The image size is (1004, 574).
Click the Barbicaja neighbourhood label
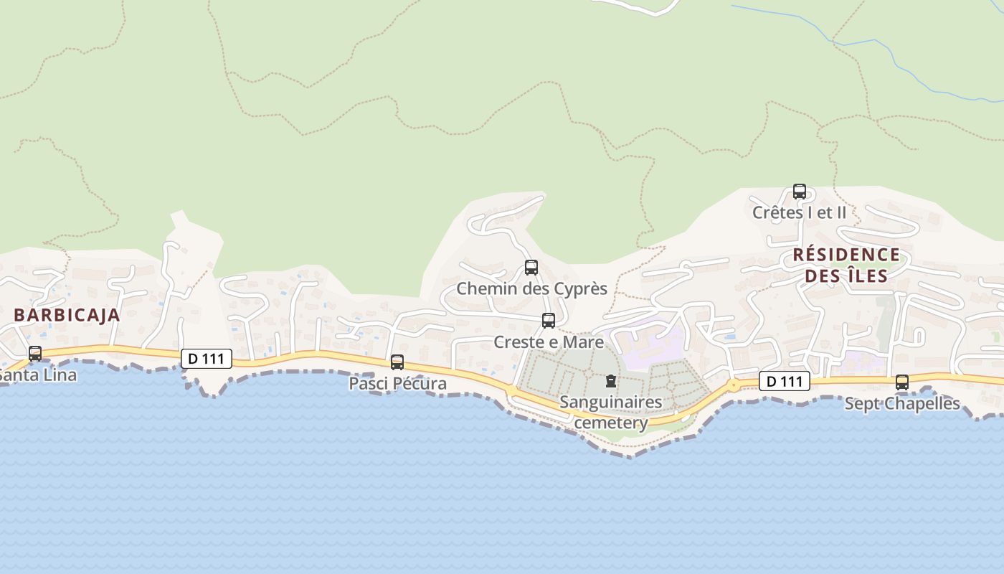(x=67, y=315)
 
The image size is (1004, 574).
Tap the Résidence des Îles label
(x=846, y=265)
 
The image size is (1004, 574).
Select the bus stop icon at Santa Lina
(x=34, y=353)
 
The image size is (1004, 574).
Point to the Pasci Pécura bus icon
(x=397, y=362)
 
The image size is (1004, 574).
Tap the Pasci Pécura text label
(x=397, y=384)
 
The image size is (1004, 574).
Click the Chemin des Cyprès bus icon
(x=531, y=268)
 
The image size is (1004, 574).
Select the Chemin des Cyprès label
(x=532, y=289)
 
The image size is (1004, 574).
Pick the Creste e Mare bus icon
(x=549, y=321)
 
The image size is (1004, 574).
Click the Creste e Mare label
(x=549, y=342)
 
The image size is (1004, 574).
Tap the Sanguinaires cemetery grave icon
(x=611, y=380)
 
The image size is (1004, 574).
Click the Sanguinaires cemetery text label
(x=611, y=412)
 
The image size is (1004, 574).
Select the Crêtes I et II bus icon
(x=800, y=192)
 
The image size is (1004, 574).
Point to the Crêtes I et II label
(x=800, y=212)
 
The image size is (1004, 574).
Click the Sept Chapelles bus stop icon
(x=902, y=382)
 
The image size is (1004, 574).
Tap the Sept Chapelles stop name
(x=902, y=403)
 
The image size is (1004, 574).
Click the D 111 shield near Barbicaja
(x=207, y=359)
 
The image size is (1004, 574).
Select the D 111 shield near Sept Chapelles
(x=785, y=382)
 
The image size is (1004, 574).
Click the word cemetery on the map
(x=611, y=423)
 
